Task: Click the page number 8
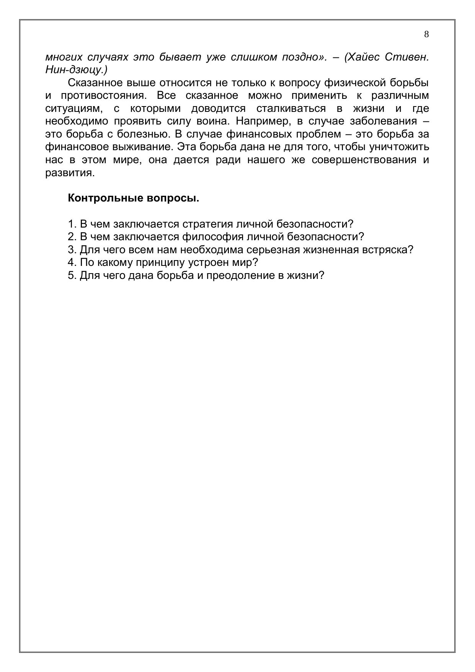[x=426, y=34]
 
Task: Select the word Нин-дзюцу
[x=76, y=70]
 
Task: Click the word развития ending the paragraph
[x=69, y=173]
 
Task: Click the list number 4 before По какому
[x=71, y=262]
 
